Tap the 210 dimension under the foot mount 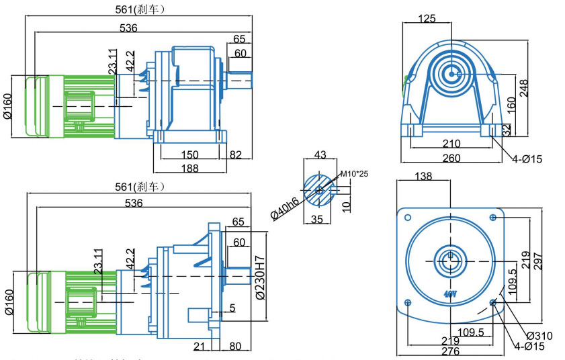[x=451, y=144]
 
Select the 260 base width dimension [x=451, y=158]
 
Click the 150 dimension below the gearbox [x=189, y=155]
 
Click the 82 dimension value [x=236, y=155]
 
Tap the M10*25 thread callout [x=355, y=174]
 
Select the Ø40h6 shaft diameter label [x=283, y=204]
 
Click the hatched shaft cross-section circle [x=319, y=190]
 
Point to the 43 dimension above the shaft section [x=320, y=154]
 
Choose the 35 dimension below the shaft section [x=317, y=218]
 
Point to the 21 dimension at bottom [x=199, y=347]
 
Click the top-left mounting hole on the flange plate [x=406, y=218]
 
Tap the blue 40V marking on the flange [x=449, y=294]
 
